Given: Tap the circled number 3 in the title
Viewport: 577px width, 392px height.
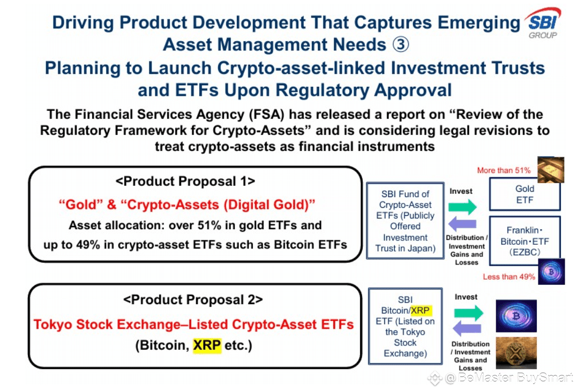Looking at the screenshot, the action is tap(400, 44).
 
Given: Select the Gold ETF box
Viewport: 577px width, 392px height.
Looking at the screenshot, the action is tap(524, 194).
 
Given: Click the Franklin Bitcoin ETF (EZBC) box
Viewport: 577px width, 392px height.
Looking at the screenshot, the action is tap(524, 241).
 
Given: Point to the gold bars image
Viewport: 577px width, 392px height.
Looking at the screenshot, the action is tap(551, 170).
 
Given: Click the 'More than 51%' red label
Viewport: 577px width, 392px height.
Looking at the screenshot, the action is tap(504, 170).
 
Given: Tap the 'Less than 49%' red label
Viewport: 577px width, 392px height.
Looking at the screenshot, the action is tap(509, 276).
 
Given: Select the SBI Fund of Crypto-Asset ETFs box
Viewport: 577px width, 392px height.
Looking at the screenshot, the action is tap(405, 221).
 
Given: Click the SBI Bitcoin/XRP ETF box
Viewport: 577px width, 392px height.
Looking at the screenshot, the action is tap(405, 326).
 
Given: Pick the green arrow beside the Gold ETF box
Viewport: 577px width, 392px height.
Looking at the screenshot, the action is tap(462, 207).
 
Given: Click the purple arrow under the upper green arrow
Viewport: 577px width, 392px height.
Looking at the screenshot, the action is tap(462, 224).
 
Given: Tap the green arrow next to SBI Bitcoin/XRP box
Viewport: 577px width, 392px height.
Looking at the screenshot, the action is tap(468, 313).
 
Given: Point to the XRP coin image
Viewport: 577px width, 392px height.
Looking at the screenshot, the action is tap(516, 353).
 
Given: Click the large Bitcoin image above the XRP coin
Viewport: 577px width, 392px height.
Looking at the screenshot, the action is tap(516, 316).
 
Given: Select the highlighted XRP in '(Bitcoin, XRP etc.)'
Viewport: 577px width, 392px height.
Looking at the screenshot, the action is tap(207, 345).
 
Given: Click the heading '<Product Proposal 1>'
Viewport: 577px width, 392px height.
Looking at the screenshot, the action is tap(185, 182).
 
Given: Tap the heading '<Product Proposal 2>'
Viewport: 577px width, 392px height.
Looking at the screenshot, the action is tap(193, 300).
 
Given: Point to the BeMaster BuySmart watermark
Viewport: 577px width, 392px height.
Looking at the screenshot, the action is tap(500, 378).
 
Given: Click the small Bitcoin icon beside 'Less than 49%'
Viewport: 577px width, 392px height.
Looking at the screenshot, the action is tap(551, 272).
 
